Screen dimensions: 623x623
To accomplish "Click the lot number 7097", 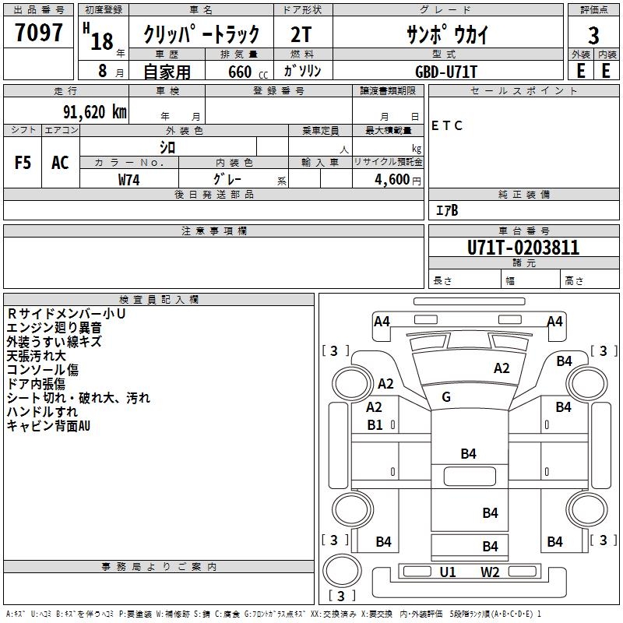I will click(x=39, y=33).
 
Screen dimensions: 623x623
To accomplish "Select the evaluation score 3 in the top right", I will click(x=593, y=36).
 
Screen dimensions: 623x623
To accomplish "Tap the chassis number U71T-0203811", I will click(x=523, y=248).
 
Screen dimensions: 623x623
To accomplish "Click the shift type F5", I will click(x=23, y=163).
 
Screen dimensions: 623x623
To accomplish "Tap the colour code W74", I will click(x=129, y=179).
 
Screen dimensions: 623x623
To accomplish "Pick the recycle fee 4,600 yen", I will click(x=387, y=180).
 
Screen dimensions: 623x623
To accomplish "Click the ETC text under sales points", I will click(x=447, y=125).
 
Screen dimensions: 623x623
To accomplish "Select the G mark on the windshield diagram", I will click(x=446, y=397).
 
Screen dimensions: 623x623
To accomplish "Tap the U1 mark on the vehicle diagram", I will click(x=448, y=572).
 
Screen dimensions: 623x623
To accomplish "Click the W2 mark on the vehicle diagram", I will click(x=490, y=572).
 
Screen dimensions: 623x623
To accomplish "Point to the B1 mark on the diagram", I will click(x=375, y=425).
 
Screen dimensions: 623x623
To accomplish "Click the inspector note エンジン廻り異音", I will click(x=54, y=327).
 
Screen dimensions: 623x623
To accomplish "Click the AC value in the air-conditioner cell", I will click(x=60, y=163).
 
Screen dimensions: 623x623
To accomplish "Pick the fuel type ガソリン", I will click(x=303, y=70).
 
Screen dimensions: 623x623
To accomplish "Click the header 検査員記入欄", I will click(x=159, y=299).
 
